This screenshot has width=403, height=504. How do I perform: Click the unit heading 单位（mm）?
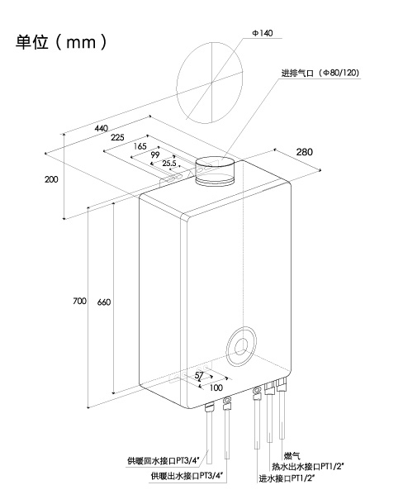[61, 42]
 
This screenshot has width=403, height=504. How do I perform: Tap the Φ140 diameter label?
[263, 33]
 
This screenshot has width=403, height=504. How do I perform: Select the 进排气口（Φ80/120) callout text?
[320, 73]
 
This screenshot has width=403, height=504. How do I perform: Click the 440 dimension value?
[102, 128]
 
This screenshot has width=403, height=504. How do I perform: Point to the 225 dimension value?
[117, 138]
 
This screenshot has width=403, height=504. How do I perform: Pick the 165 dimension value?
[140, 146]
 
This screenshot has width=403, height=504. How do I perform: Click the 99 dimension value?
[155, 155]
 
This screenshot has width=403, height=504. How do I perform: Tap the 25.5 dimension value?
[169, 164]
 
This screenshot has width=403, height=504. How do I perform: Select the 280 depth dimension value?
[304, 152]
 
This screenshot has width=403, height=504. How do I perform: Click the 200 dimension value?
[51, 179]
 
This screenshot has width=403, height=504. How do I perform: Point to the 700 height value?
[79, 302]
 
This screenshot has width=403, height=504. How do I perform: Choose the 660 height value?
[104, 302]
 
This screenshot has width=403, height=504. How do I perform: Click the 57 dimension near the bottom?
[199, 375]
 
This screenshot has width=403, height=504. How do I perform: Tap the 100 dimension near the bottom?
[216, 388]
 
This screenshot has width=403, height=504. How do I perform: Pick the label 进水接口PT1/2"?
[287, 478]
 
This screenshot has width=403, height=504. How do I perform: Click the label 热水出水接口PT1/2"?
[308, 466]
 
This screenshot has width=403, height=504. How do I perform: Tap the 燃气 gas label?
[292, 456]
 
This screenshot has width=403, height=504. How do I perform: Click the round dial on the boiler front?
[241, 346]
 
